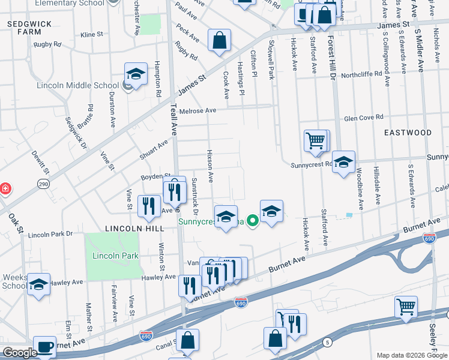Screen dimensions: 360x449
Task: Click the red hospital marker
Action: (5, 188)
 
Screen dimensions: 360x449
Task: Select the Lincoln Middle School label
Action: (77, 85)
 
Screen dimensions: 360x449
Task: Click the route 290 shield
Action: (43, 184)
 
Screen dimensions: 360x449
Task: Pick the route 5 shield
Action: (327, 342)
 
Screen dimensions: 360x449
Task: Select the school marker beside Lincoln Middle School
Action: (136, 75)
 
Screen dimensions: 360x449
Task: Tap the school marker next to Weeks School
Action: (38, 284)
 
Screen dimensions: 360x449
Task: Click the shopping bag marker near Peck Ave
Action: (220, 41)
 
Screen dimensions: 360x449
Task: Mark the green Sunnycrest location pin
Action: (253, 221)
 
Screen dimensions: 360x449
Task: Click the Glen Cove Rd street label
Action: (363, 118)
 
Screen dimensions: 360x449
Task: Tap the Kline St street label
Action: (92, 35)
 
